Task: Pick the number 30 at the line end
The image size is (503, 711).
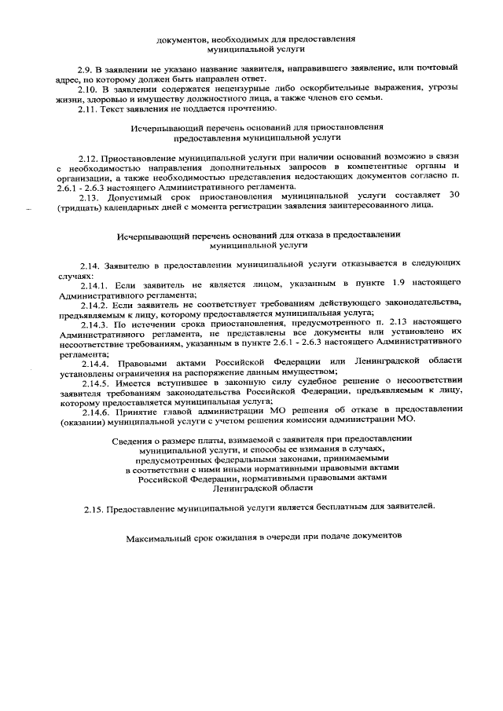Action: pyautogui.click(x=451, y=196)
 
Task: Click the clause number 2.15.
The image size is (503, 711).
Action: pyautogui.click(x=96, y=508)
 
